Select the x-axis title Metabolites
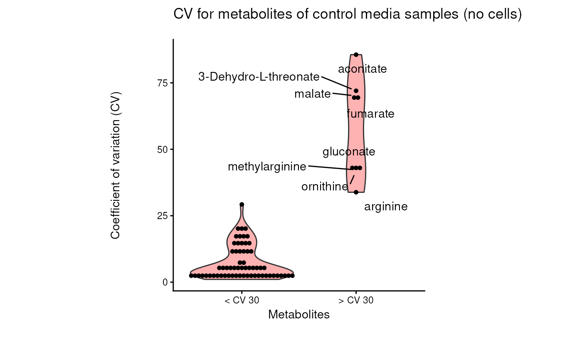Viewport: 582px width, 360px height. pyautogui.click(x=299, y=315)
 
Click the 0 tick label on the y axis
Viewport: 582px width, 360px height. pyautogui.click(x=165, y=282)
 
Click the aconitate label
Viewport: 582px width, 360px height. pyautogui.click(x=363, y=69)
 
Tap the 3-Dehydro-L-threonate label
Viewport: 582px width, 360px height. pyautogui.click(x=259, y=77)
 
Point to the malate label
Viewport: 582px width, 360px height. pyautogui.click(x=312, y=94)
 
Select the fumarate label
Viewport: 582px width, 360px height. pyautogui.click(x=370, y=114)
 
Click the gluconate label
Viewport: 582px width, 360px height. pyautogui.click(x=349, y=152)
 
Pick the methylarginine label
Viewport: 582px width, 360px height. pyautogui.click(x=267, y=167)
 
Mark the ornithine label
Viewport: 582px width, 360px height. pyautogui.click(x=325, y=187)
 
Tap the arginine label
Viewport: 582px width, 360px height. pyautogui.click(x=386, y=207)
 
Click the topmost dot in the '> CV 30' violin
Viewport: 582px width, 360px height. pyautogui.click(x=356, y=54)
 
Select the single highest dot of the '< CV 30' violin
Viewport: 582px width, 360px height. pyautogui.click(x=242, y=205)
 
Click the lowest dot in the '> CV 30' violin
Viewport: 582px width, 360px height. pyautogui.click(x=356, y=192)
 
